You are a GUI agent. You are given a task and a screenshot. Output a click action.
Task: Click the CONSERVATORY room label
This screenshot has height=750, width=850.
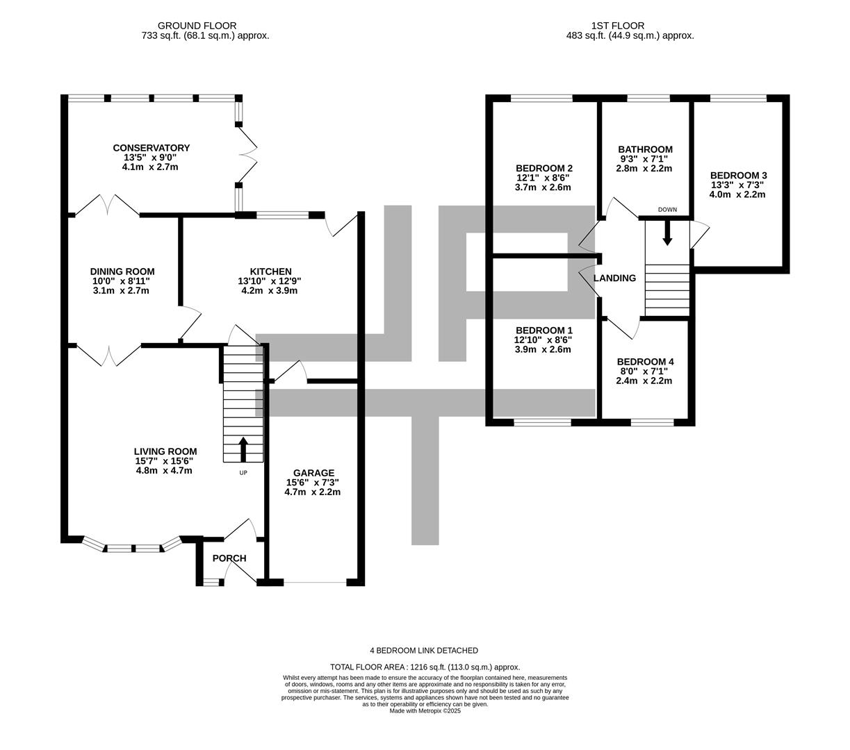[151, 148]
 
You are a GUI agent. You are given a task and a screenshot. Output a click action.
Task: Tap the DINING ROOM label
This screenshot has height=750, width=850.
[122, 272]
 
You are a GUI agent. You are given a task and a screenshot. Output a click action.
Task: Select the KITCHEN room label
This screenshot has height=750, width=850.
[270, 272]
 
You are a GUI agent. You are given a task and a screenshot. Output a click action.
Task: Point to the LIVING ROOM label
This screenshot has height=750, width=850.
[165, 451]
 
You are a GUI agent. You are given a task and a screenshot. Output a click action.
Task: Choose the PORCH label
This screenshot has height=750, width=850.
[229, 558]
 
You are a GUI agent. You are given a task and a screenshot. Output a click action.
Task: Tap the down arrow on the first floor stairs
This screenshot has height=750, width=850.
[667, 233]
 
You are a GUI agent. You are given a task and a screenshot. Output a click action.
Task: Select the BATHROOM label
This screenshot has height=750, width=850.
[645, 149]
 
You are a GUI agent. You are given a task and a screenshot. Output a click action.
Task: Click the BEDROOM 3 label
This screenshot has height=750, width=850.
[738, 176]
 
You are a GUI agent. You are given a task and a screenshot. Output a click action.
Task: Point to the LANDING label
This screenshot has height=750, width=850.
[614, 278]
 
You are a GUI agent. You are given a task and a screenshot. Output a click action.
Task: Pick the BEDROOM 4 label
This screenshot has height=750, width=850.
[645, 362]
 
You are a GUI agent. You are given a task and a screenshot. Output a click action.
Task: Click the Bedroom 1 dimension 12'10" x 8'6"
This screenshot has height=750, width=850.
[543, 340]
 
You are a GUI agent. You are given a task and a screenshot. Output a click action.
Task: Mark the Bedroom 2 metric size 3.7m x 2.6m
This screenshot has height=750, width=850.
[543, 187]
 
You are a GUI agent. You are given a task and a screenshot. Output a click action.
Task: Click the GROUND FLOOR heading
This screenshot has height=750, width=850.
[197, 26]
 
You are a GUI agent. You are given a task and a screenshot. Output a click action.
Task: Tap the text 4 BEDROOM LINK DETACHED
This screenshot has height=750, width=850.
[424, 651]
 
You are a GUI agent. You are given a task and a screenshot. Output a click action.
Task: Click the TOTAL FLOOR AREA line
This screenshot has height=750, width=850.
[425, 667]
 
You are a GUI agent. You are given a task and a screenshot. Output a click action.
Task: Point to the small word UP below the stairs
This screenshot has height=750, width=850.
[243, 473]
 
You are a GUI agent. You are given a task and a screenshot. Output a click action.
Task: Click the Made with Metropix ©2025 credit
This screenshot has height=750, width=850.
[425, 710]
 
